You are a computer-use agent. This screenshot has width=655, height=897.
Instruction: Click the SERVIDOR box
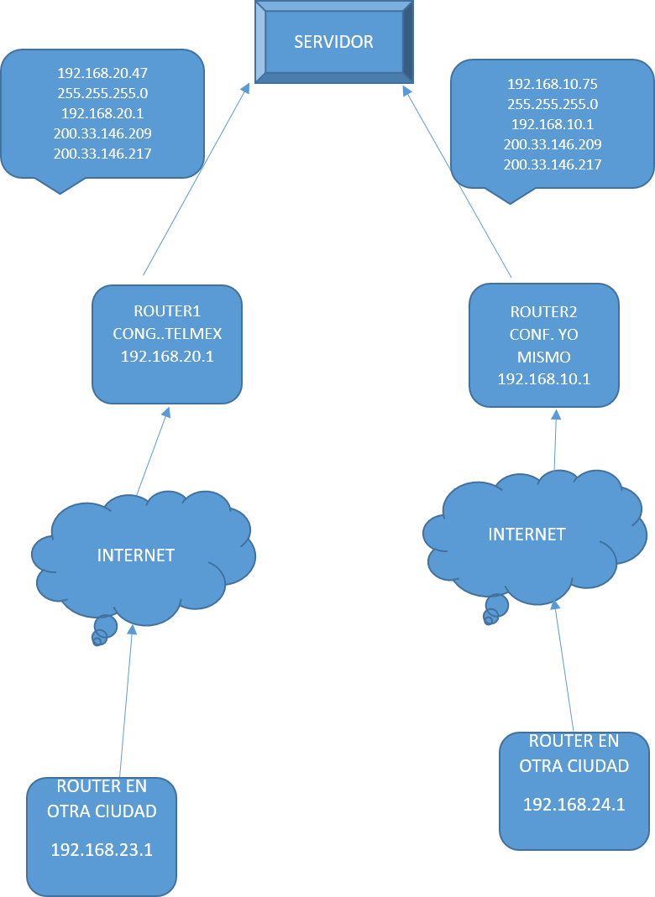click(x=333, y=42)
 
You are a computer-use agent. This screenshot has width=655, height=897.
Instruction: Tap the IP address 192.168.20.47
click(x=102, y=73)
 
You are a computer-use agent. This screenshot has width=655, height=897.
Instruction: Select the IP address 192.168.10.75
click(x=552, y=84)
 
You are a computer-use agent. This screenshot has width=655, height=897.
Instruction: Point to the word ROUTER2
click(x=543, y=312)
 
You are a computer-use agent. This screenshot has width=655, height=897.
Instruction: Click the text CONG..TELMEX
click(x=167, y=334)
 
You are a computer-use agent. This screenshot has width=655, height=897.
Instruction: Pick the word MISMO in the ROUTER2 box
click(x=543, y=357)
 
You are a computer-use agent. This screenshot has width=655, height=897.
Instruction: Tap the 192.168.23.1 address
click(x=102, y=850)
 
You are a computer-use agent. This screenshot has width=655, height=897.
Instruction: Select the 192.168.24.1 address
click(x=574, y=805)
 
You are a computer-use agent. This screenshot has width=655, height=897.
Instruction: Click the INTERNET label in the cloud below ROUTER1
click(x=136, y=555)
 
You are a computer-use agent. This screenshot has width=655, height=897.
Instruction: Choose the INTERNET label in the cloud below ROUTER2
click(x=527, y=535)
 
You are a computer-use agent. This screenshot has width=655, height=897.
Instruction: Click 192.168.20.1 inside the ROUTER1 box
click(x=167, y=357)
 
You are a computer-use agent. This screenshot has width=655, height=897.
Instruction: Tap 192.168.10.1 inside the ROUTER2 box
click(x=543, y=378)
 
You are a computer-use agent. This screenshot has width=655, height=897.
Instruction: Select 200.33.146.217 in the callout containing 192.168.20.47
click(x=102, y=154)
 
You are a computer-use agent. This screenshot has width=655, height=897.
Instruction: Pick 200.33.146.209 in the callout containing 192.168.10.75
click(x=552, y=144)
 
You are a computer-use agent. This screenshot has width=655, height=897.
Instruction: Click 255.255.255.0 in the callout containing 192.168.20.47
click(x=102, y=93)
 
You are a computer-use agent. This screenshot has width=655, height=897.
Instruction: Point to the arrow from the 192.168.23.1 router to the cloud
click(x=126, y=705)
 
